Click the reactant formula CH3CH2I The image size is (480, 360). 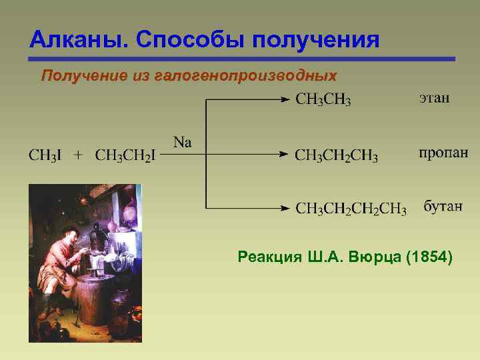pyautogui.click(x=125, y=156)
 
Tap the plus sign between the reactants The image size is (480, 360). pyautogui.click(x=79, y=155)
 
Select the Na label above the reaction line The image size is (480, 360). pyautogui.click(x=182, y=141)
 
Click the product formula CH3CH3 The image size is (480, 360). pyautogui.click(x=323, y=100)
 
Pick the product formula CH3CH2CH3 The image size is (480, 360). pyautogui.click(x=336, y=156)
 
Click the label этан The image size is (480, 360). pyautogui.click(x=434, y=99)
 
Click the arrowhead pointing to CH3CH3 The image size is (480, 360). pyautogui.click(x=285, y=100)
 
